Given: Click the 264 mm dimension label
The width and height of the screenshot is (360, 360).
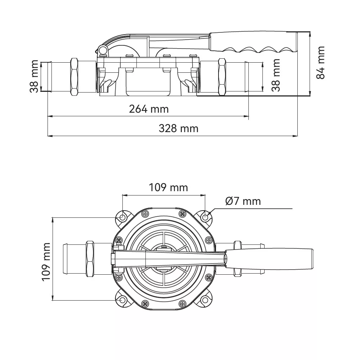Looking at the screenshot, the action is [149, 109].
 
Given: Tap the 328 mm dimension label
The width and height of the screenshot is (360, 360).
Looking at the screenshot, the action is [179, 129].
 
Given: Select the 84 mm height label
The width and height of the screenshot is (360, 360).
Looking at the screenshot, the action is [320, 63].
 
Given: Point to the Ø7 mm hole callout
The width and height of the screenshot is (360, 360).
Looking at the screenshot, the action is [243, 201].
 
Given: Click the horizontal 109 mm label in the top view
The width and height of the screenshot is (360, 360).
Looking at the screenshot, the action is [168, 188].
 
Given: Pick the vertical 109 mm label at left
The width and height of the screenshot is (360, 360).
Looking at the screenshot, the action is [46, 262].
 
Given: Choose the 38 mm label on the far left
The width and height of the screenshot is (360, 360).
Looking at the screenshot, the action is [34, 76].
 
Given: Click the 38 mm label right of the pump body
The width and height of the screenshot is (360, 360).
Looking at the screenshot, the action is [276, 75].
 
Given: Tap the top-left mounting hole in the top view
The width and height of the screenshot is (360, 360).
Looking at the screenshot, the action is [123, 217].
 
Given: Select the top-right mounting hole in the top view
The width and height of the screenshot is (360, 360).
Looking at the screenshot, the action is [205, 217].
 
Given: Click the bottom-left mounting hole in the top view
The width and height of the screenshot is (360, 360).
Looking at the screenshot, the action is [123, 300].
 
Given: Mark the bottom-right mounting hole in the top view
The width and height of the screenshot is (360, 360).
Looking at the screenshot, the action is [205, 300].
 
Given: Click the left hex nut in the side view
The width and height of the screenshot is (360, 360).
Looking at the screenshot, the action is [75, 77].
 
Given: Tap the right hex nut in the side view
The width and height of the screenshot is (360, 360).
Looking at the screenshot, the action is [222, 77].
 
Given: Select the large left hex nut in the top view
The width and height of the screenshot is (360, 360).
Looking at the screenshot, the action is [90, 259].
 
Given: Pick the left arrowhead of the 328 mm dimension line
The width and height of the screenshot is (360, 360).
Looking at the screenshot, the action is [50, 136].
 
